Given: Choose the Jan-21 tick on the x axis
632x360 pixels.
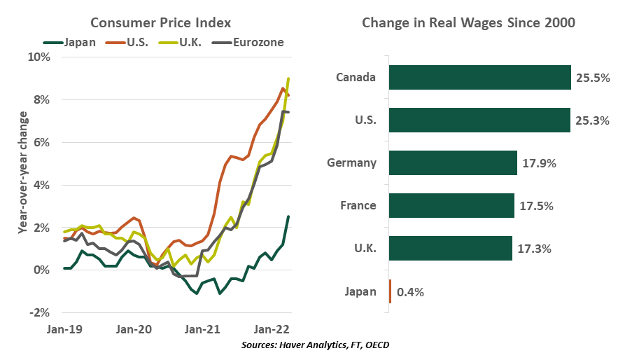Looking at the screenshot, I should tap(203, 328).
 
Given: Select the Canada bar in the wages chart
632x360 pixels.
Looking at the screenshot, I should tap(479, 77).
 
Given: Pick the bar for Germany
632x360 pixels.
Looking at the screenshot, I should tap(453, 162).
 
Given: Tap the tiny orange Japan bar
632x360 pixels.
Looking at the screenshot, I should tap(390, 291).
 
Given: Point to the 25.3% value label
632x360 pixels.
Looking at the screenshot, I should tap(592, 120).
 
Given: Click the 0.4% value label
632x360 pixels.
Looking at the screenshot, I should tap(410, 291).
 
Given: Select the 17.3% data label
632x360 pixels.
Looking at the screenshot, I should tap(533, 249).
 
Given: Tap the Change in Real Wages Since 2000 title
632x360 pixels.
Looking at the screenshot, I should tap(468, 22).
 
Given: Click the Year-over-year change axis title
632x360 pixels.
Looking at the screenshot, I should tap(23, 185).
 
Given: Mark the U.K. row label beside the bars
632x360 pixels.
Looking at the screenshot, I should tap(361, 249).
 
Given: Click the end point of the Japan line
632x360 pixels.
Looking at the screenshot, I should tap(288, 216).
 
